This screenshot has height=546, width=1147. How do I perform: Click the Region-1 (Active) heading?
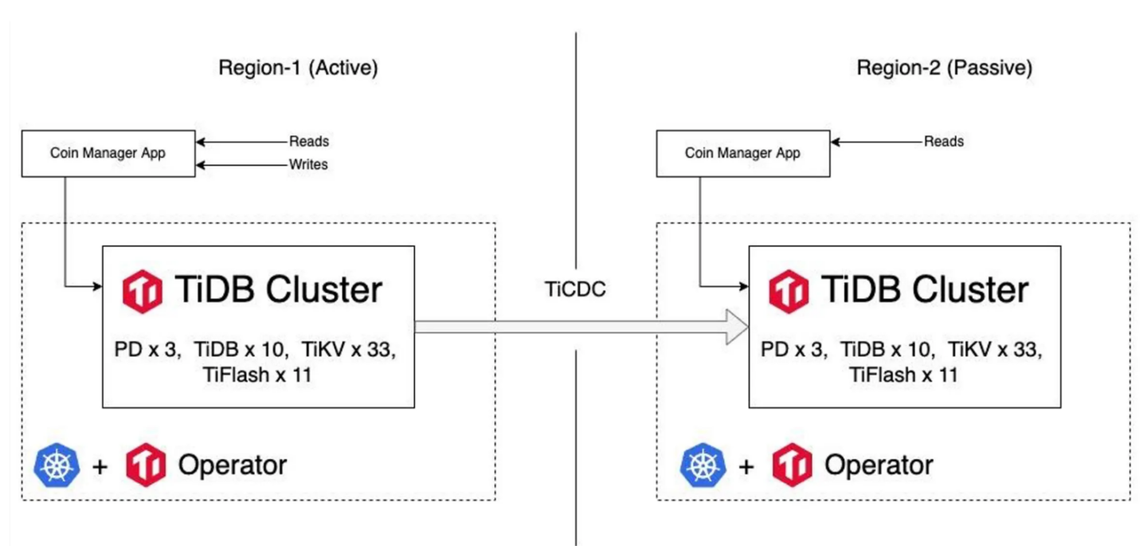pyautogui.click(x=298, y=69)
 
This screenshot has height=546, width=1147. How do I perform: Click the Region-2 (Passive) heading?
pyautogui.click(x=944, y=69)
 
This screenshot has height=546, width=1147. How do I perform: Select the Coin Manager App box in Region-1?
pyautogui.click(x=108, y=153)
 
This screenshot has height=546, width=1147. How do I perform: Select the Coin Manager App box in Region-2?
pyautogui.click(x=742, y=153)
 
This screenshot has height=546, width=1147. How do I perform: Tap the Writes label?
pyautogui.click(x=308, y=165)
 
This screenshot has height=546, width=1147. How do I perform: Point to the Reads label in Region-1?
pyautogui.click(x=308, y=141)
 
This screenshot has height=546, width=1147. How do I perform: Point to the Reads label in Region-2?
pyautogui.click(x=943, y=141)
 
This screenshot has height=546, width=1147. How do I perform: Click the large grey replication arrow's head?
pyautogui.click(x=737, y=327)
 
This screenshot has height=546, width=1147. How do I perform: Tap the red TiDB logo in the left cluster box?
pyautogui.click(x=142, y=291)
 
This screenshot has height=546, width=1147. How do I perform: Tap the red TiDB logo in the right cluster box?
pyautogui.click(x=789, y=291)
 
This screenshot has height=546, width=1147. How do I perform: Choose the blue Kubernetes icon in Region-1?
pyautogui.click(x=57, y=465)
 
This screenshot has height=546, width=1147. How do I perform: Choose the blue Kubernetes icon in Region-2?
pyautogui.click(x=703, y=465)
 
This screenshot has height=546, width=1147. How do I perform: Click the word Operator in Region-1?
pyautogui.click(x=232, y=465)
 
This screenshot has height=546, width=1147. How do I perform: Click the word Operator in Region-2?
pyautogui.click(x=878, y=465)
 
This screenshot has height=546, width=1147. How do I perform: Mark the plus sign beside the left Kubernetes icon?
pyautogui.click(x=100, y=466)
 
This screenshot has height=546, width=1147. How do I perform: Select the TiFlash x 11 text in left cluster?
pyautogui.click(x=256, y=374)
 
